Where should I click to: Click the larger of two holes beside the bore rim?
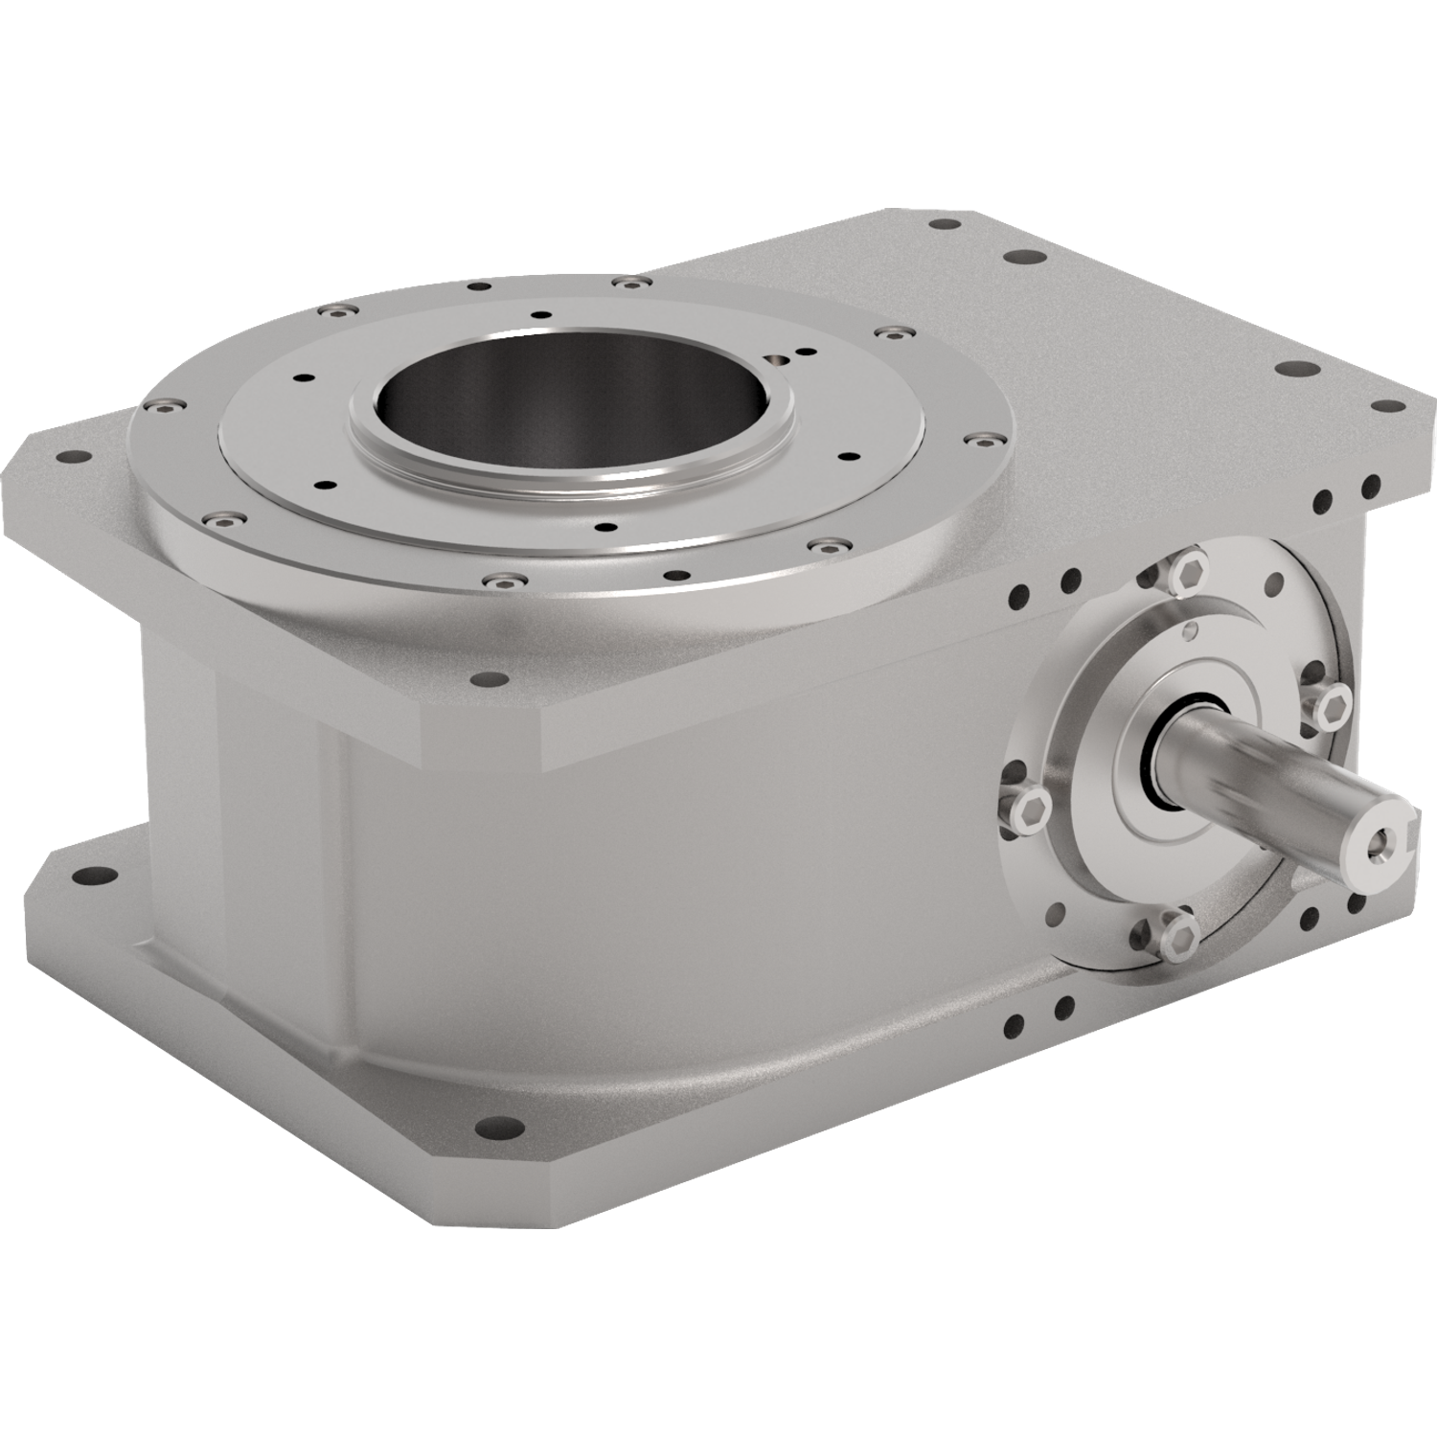pyautogui.click(x=776, y=359)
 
